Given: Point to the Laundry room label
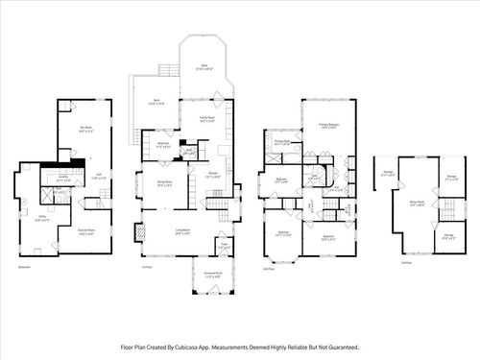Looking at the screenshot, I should (x=63, y=177).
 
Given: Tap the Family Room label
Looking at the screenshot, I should (x=207, y=119).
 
